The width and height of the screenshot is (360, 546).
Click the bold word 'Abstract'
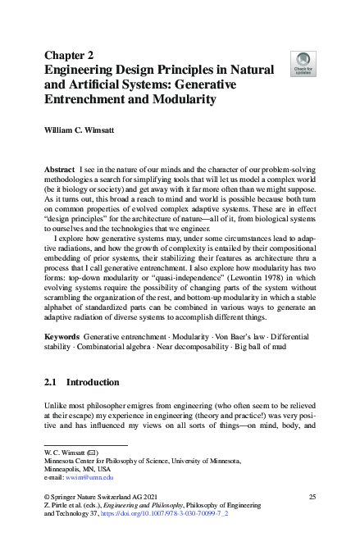(x=59, y=167)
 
